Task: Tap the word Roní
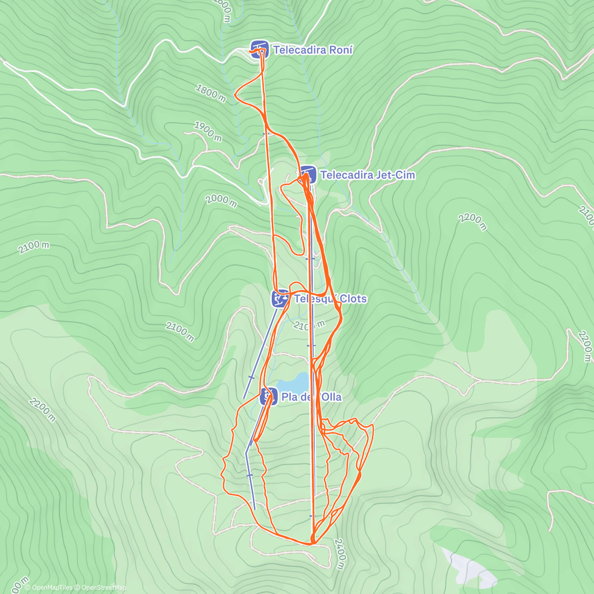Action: (340, 50)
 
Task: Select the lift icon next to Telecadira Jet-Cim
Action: (307, 175)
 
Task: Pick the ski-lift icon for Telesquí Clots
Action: (280, 298)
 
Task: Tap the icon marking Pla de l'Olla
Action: (268, 396)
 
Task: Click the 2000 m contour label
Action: (221, 200)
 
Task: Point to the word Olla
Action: (330, 397)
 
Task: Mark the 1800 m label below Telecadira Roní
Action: (211, 93)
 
